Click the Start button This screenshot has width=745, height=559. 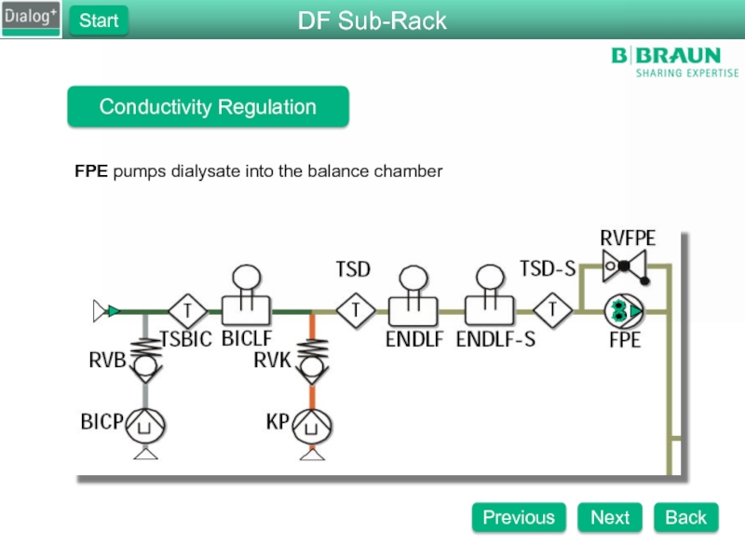tap(98, 20)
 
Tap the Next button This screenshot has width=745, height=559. tap(610, 517)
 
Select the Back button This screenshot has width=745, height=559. tap(685, 517)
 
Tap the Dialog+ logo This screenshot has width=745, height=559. tap(31, 18)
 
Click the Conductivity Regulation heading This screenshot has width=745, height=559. tap(208, 107)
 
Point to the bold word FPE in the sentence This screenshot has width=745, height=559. tap(91, 171)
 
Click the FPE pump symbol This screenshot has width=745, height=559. tap(624, 309)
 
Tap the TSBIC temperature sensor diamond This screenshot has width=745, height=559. tap(186, 309)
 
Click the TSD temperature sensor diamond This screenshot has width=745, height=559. tap(354, 309)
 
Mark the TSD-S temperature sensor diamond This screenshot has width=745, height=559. tap(553, 309)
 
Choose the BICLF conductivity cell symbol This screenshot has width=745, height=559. tap(246, 298)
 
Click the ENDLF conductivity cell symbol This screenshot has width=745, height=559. tap(412, 298)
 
